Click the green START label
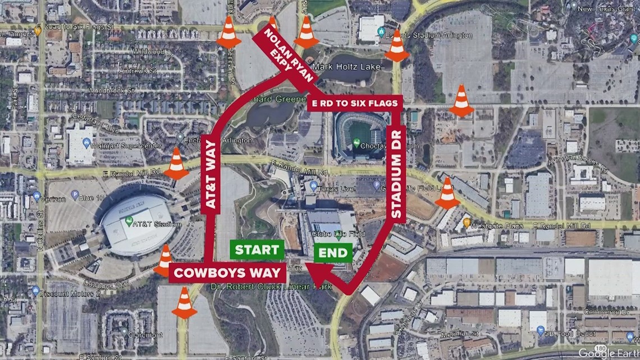257,250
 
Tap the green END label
333,252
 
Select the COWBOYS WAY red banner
227,273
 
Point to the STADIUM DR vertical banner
397,175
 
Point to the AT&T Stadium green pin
129,221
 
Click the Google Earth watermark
605,352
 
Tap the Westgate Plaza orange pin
467,223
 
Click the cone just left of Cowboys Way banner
164,261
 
